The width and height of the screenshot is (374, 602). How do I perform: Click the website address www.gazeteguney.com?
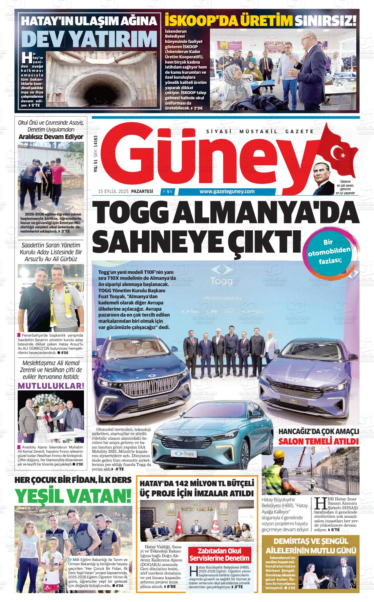(x=227, y=192)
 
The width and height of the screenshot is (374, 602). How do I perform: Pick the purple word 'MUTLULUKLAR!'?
(x=51, y=385)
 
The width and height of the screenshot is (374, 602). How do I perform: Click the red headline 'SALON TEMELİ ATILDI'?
(x=318, y=441)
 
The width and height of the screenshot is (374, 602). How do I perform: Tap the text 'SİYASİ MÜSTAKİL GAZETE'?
(x=260, y=132)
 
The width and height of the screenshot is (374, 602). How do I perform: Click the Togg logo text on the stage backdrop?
(x=221, y=281)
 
